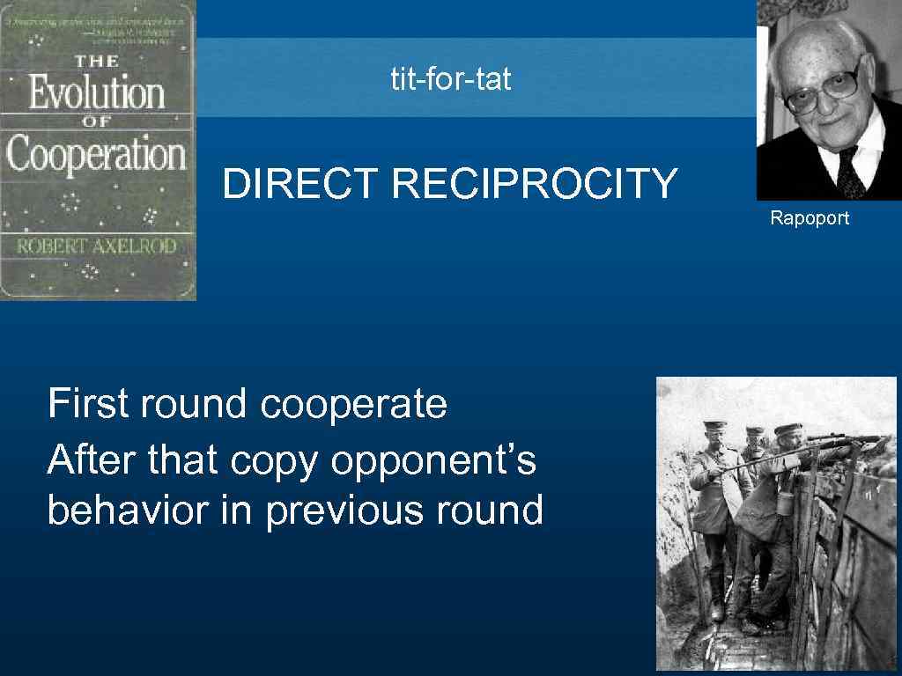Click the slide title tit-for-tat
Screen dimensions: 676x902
click(x=451, y=80)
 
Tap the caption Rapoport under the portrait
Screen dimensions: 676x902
click(x=810, y=217)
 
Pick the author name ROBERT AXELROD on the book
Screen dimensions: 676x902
click(x=97, y=246)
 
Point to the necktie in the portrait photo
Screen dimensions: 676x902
click(x=847, y=172)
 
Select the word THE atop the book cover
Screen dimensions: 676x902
click(x=97, y=62)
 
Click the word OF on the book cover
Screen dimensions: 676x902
click(x=97, y=122)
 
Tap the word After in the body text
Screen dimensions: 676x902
click(x=92, y=459)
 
